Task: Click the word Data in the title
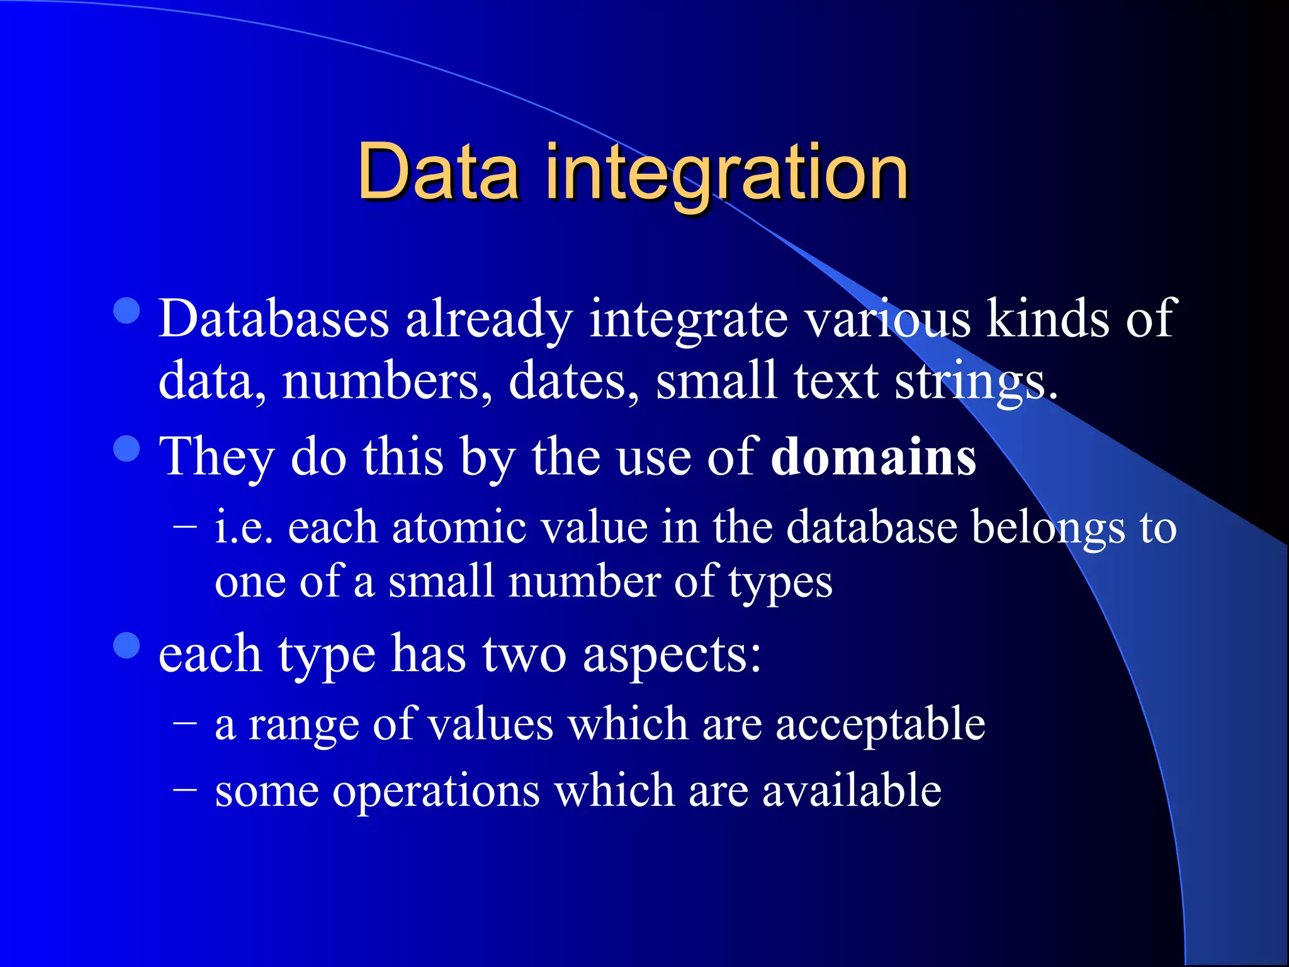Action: tap(439, 171)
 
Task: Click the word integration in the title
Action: tap(726, 175)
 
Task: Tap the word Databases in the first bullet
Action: tap(274, 319)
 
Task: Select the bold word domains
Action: tap(874, 456)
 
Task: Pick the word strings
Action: tap(976, 383)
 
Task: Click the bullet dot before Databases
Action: tap(127, 310)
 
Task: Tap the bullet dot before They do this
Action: tap(127, 449)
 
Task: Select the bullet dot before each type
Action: tap(127, 645)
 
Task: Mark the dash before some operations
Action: tap(185, 789)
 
